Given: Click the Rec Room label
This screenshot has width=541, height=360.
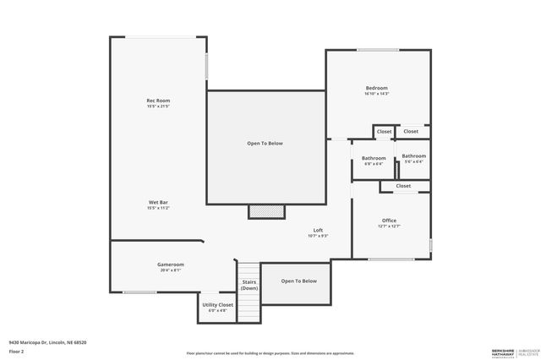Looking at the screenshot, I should click(158, 101).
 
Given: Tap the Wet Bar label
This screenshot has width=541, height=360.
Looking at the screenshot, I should click(159, 202).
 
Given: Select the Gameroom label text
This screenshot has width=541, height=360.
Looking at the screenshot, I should click(170, 265).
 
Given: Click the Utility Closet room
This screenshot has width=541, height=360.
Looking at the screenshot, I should click(217, 306).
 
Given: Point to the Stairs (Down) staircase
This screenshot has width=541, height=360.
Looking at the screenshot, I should click(249, 285).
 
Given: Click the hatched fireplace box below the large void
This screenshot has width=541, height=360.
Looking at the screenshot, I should click(266, 211).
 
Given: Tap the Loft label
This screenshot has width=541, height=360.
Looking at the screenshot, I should click(318, 230).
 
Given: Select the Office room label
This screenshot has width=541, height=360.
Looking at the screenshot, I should click(390, 220).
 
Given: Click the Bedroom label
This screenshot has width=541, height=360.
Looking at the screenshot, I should click(376, 88).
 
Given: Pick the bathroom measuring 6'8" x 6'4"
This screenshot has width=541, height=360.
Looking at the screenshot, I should click(374, 161).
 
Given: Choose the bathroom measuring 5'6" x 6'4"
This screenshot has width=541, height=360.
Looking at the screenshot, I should click(413, 158).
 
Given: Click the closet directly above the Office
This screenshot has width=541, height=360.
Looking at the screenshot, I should click(403, 186).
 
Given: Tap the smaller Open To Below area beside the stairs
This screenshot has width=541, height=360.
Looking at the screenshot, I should click(298, 281).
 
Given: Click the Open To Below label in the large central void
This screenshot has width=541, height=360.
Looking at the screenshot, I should click(265, 144).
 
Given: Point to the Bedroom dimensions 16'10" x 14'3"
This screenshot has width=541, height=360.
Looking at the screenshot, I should click(376, 94).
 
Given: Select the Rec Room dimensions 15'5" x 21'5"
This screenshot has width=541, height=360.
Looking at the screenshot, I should click(158, 106).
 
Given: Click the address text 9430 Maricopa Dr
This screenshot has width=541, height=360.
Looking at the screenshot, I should click(47, 342).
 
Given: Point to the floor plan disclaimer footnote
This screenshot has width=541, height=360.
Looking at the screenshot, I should click(270, 352).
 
